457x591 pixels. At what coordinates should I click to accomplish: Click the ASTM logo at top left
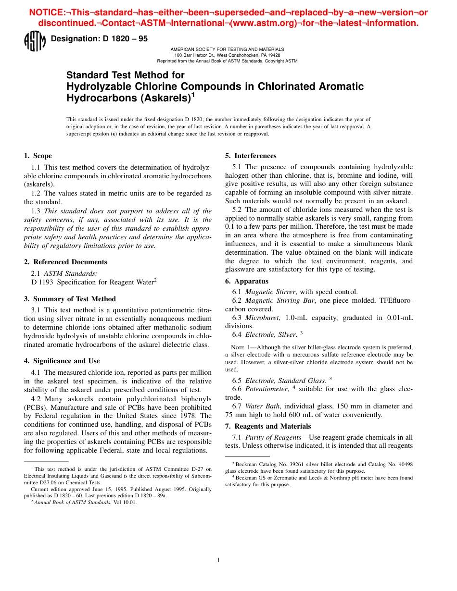[34, 41]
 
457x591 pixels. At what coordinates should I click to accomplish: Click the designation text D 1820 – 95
[99, 39]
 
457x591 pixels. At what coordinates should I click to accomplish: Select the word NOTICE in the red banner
[49, 12]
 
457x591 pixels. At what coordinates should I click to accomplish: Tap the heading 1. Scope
[38, 156]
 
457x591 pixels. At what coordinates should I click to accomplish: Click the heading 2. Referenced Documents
[65, 262]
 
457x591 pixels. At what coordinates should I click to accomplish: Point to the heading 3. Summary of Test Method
[70, 299]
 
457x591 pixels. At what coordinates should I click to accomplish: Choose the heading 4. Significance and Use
[63, 361]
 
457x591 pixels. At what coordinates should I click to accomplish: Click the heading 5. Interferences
[251, 156]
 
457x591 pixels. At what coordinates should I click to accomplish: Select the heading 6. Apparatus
[247, 281]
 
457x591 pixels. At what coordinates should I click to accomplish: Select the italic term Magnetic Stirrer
[270, 292]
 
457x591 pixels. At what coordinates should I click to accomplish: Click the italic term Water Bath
[262, 406]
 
